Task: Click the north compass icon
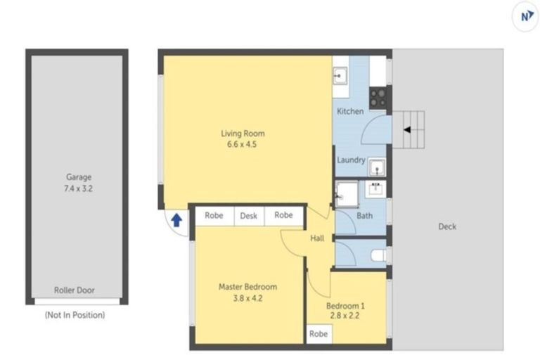pyautogui.click(x=525, y=18)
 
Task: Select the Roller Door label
pyautogui.click(x=75, y=290)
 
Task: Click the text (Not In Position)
pyautogui.click(x=75, y=315)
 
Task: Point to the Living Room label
pyautogui.click(x=243, y=134)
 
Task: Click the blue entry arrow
pyautogui.click(x=176, y=220)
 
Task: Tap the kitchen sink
pyautogui.click(x=340, y=74)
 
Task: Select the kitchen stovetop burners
pyautogui.click(x=378, y=97)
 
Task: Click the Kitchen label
pyautogui.click(x=350, y=112)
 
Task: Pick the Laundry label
pyautogui.click(x=351, y=160)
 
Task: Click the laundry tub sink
pyautogui.click(x=377, y=167)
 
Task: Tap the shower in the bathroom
pyautogui.click(x=346, y=193)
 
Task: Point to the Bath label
pyautogui.click(x=364, y=216)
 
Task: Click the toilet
pyautogui.click(x=378, y=255)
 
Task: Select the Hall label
pyautogui.click(x=317, y=239)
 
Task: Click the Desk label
pyautogui.click(x=249, y=216)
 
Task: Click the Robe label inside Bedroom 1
pyautogui.click(x=318, y=335)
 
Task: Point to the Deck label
pyautogui.click(x=447, y=226)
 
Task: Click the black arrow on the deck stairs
pyautogui.click(x=406, y=129)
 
